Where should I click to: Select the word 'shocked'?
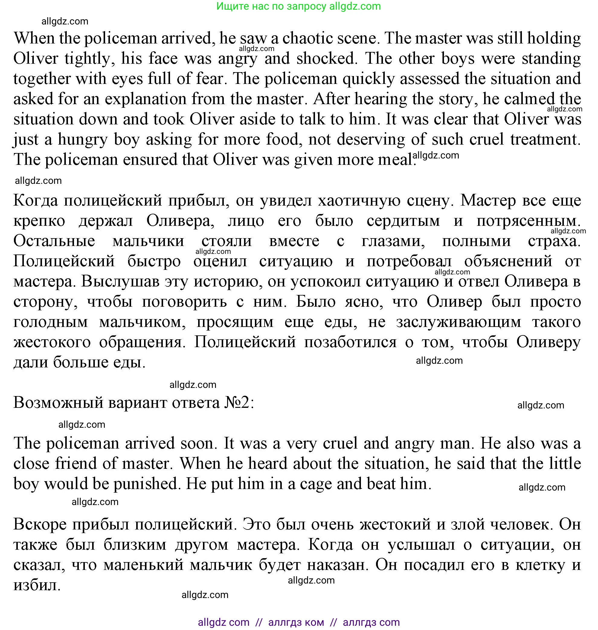[326, 59]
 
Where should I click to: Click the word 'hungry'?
[82, 139]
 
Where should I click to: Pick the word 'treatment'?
[545, 139]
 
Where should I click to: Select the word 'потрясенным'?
[528, 221]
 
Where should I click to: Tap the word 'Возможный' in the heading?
[58, 403]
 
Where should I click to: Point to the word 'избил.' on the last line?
[37, 585]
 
